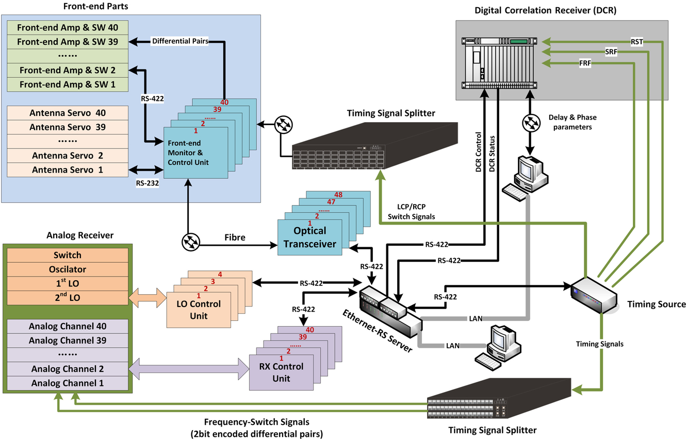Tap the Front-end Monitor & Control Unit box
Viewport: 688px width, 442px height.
pos(195,152)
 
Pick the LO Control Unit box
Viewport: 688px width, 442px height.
pos(198,309)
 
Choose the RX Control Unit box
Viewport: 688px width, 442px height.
pos(281,372)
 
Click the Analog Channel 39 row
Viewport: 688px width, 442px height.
pos(68,341)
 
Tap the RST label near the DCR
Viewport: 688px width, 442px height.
pos(637,41)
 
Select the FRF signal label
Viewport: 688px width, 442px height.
pos(585,63)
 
